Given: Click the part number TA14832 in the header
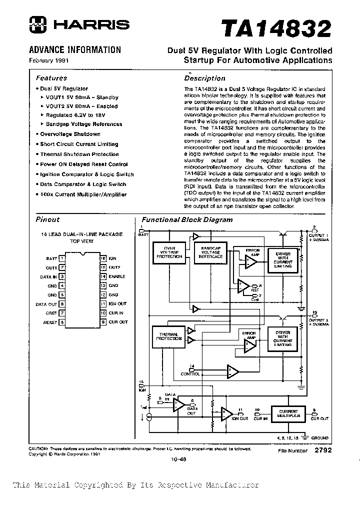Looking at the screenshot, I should pos(276,28).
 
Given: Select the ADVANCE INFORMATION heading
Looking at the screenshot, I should pos(75,50).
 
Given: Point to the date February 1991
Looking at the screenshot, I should pos(49,60).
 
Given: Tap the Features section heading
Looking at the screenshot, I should pos(51,78).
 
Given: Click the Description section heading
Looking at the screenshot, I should pos(204,78).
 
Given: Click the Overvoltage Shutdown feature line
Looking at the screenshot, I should pos(69,134).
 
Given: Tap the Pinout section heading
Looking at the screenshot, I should pos(47,219).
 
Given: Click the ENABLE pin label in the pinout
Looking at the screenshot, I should pos(116,276).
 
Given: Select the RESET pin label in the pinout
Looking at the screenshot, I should pos(50,322).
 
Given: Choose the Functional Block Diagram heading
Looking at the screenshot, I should pos(187,219).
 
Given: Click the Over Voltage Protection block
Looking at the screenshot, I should pos(169,252).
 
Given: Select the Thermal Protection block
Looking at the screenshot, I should pos(169,336).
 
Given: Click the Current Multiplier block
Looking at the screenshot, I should pos(288,413).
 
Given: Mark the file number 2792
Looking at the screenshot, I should pos(323,450).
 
